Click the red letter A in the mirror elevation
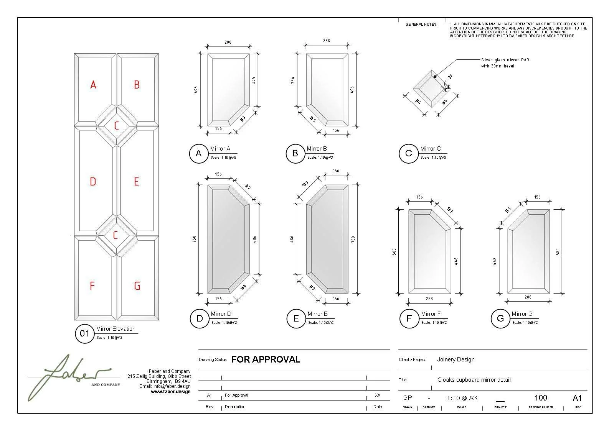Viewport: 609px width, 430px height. click(93, 85)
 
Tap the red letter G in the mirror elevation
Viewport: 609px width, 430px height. click(137, 286)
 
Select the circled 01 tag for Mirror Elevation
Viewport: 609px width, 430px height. click(84, 334)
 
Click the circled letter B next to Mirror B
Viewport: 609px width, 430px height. click(295, 154)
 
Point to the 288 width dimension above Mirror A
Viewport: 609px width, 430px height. click(228, 42)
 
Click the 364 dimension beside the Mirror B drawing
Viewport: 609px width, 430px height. click(293, 80)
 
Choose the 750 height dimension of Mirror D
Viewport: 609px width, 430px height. click(194, 239)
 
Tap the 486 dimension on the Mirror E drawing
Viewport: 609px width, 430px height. click(292, 239)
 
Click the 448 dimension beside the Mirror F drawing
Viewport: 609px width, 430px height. click(456, 261)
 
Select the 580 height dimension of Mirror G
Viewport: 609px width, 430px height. click(558, 252)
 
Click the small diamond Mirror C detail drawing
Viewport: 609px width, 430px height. click(430, 89)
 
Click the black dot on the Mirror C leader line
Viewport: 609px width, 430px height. click(435, 77)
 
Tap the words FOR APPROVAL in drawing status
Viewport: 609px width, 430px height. click(266, 359)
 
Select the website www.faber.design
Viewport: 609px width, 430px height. click(170, 392)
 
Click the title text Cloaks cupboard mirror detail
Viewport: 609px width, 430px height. click(474, 380)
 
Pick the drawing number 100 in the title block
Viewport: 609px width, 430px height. click(540, 398)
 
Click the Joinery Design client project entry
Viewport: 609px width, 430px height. click(456, 359)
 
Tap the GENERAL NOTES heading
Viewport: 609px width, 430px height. click(421, 25)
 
